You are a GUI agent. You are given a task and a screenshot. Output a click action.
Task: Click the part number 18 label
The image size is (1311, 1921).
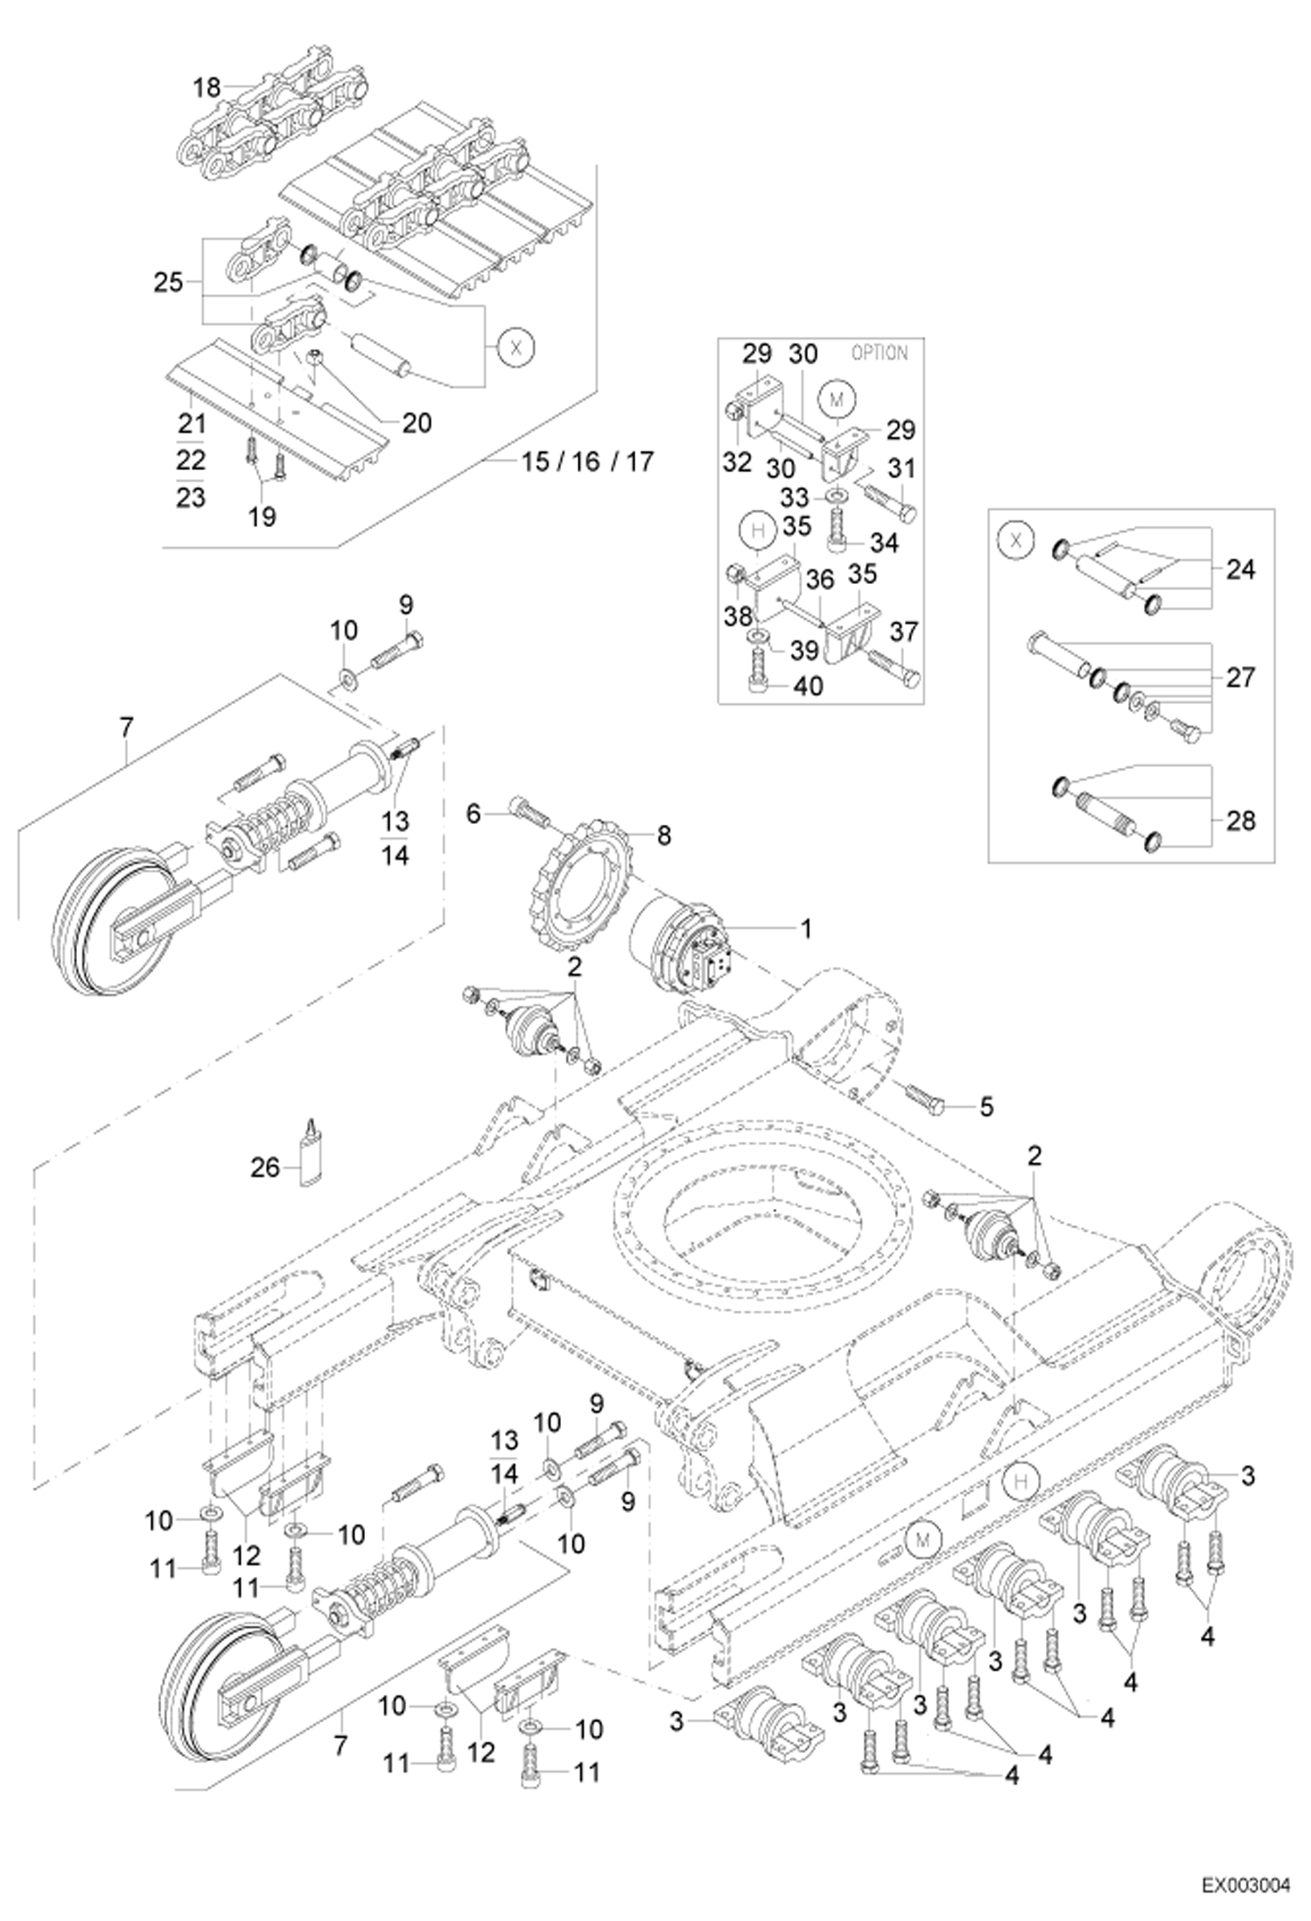[x=207, y=88]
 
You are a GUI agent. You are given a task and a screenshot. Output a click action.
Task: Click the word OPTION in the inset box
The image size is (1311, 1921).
[x=880, y=353]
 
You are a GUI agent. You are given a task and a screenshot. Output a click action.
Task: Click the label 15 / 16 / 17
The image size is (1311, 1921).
[x=587, y=461]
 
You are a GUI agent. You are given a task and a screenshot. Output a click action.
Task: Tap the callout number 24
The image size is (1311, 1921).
[x=1240, y=570]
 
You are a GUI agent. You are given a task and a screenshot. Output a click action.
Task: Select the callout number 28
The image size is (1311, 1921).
[x=1240, y=820]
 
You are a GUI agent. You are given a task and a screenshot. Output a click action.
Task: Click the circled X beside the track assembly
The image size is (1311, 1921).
[x=515, y=348]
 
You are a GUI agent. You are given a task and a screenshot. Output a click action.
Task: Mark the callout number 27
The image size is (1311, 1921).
[x=1240, y=677]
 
